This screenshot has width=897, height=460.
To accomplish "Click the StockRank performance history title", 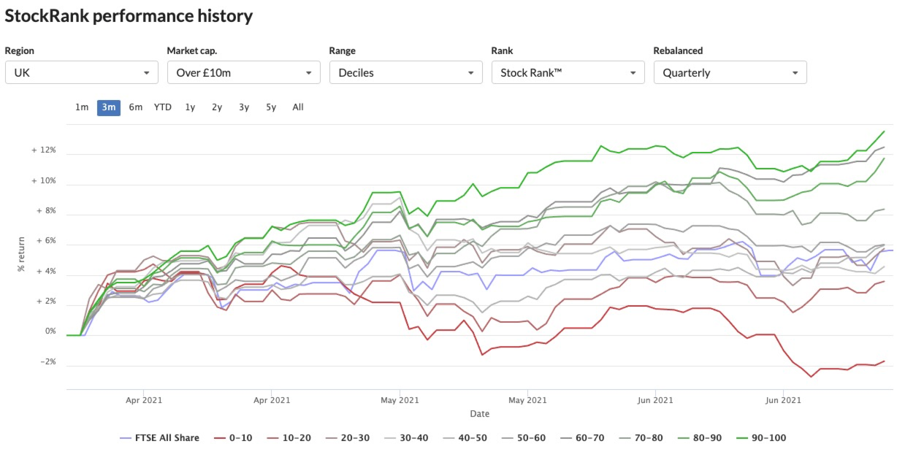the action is [x=129, y=16].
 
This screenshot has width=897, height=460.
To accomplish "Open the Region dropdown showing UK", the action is [x=82, y=72].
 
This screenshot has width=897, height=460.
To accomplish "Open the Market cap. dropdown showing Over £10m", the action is [x=244, y=72].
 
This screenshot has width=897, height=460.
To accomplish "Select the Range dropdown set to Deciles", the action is [x=406, y=72].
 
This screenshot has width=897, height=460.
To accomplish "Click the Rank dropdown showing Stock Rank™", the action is [x=568, y=72].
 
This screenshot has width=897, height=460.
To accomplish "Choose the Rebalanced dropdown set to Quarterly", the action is [x=730, y=72].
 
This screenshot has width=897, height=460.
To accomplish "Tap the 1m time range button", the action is [x=82, y=107].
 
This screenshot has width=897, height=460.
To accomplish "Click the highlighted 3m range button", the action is [x=109, y=107].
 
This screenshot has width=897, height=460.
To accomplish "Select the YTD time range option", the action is [x=163, y=107].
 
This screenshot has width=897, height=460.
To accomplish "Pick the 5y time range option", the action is [x=271, y=107].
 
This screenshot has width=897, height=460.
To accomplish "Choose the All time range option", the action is [x=298, y=107].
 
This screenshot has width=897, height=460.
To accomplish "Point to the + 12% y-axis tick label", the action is [x=44, y=150].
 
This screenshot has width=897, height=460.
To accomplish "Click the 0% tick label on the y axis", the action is [x=50, y=331].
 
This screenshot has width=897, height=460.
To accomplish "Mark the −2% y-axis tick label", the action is [x=48, y=362].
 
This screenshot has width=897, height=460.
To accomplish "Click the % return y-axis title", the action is [x=21, y=254].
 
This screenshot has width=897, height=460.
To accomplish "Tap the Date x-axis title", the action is [x=480, y=414].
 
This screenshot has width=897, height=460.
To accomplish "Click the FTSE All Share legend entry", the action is [x=159, y=438].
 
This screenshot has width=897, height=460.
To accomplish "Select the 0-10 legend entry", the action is [x=233, y=438].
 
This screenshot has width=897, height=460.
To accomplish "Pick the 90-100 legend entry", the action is [x=761, y=438].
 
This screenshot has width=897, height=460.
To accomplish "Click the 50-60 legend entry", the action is [x=524, y=438].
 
